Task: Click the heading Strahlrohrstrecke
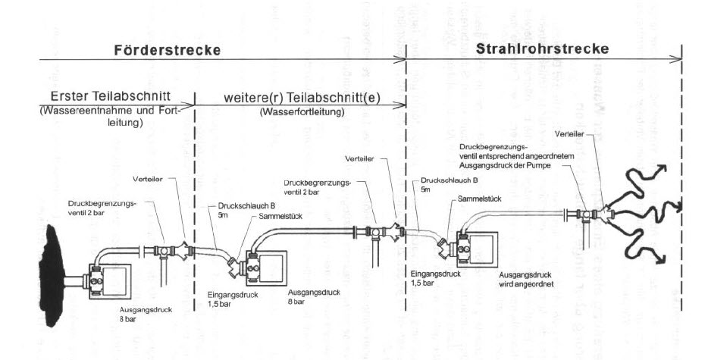click(x=544, y=50)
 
